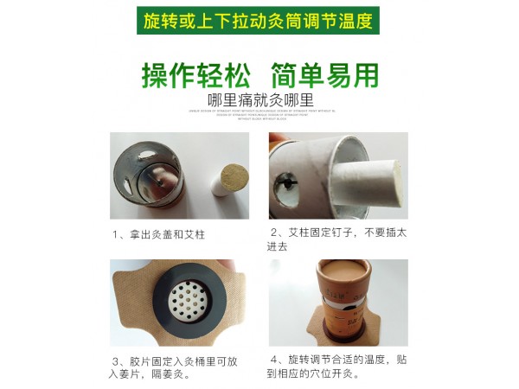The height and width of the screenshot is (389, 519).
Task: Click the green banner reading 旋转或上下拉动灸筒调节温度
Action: click(x=259, y=19)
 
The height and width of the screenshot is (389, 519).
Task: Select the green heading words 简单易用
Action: click(x=324, y=75)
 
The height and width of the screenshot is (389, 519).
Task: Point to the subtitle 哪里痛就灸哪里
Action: click(x=259, y=98)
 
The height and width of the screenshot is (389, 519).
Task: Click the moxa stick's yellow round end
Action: click(x=234, y=179)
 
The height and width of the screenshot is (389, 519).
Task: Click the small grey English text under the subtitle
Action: click(x=259, y=113)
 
